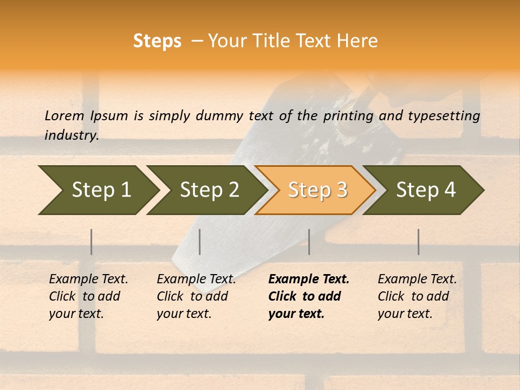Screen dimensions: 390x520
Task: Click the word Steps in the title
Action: (157, 41)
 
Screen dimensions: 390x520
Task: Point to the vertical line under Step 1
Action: (92, 242)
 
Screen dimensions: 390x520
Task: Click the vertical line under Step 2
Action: (200, 242)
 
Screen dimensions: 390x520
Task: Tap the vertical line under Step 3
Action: (309, 242)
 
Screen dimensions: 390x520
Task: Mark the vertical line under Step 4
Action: (418, 242)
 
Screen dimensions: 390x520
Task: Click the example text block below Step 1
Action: (88, 296)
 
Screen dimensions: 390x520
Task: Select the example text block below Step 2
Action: (196, 296)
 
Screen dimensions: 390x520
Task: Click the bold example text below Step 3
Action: (309, 296)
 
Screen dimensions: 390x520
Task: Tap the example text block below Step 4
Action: (417, 296)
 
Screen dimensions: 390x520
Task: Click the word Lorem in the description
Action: (64, 115)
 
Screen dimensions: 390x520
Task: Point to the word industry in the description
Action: (71, 135)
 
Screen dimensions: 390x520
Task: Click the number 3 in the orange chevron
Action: (341, 190)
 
